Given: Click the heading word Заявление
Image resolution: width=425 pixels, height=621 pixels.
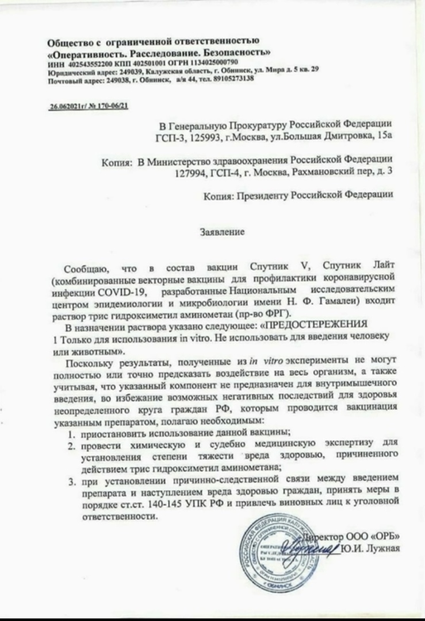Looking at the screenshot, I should (221, 232).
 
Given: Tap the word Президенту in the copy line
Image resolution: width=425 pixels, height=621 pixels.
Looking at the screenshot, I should (272, 195).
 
